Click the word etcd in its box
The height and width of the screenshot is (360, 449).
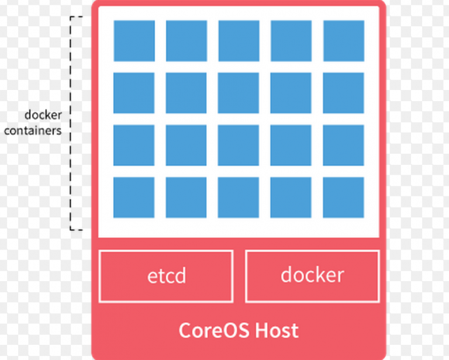coord(167,276)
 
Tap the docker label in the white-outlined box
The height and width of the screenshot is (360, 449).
coord(312,275)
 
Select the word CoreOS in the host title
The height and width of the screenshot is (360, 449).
coord(214,330)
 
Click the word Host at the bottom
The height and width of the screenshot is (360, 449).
coord(277,330)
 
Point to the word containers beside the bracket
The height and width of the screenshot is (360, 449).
coord(33,130)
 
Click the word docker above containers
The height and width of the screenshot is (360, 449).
coord(43,115)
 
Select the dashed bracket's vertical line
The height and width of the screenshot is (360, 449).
coord(70,123)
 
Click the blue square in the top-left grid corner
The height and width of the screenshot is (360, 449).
coord(134,41)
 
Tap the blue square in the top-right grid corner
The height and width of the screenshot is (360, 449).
coord(344,41)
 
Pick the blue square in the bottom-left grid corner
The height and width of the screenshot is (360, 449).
coord(134,198)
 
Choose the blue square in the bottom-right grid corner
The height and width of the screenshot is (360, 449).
coord(343,198)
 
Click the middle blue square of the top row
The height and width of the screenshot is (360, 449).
coord(239,41)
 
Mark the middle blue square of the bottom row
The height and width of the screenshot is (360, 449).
coord(239,198)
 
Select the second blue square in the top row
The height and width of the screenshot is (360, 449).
coord(186,41)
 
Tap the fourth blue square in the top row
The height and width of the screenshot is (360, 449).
coord(291,41)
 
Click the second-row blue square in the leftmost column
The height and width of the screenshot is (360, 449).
coord(134,93)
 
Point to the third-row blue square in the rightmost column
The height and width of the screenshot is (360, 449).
coord(343,145)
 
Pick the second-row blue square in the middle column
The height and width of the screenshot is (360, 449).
coord(239,93)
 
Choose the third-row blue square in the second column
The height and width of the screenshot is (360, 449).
coord(186,145)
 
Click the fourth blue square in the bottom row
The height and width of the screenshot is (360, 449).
coord(291,198)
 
